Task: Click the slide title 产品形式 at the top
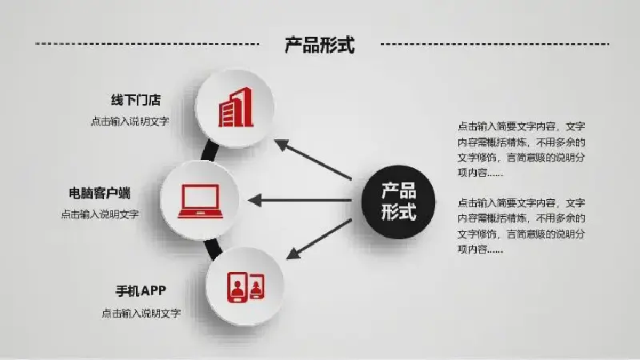point(319,45)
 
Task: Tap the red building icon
point(236,107)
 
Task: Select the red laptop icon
point(200,201)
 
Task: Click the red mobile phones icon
point(246,287)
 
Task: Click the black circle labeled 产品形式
point(398,202)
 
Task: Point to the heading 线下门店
point(136,100)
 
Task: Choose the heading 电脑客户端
point(99,193)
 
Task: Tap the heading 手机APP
point(141,291)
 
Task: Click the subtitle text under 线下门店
point(130,122)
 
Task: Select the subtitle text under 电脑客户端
point(100,214)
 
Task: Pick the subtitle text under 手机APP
point(142,314)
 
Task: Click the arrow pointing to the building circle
point(313,159)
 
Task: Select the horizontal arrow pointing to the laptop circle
point(299,201)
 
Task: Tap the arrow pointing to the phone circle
point(318,239)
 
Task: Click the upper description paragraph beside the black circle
point(522,150)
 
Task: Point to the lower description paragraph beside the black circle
point(522,226)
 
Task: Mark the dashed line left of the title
point(147,43)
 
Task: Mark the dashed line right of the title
point(494,44)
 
